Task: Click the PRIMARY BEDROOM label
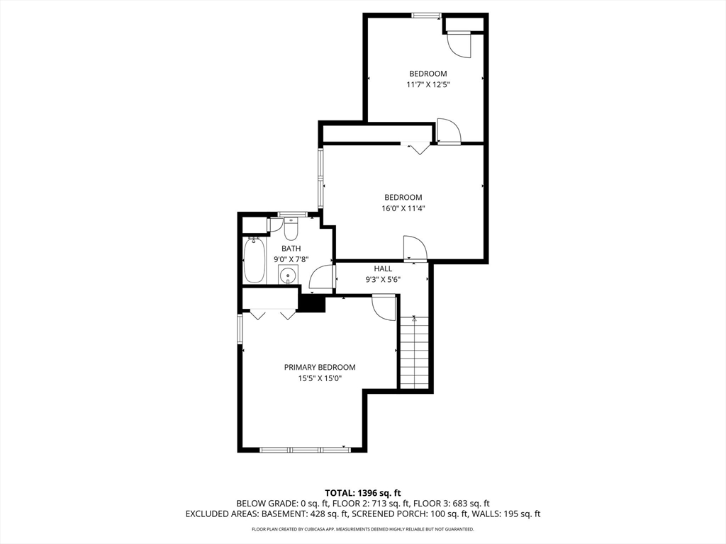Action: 320,367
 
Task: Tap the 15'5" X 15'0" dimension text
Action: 320,378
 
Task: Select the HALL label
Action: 383,268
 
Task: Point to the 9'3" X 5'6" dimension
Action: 383,279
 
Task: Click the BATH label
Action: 291,249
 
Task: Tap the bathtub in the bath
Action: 254,260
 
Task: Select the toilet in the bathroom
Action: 291,230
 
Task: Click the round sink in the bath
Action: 287,276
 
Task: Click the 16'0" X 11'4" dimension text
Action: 403,208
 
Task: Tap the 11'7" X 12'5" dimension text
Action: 428,84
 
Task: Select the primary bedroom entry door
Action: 384,307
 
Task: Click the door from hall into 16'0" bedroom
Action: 415,249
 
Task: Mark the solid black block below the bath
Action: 311,302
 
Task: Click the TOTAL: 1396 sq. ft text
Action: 363,492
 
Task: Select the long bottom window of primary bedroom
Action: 305,449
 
